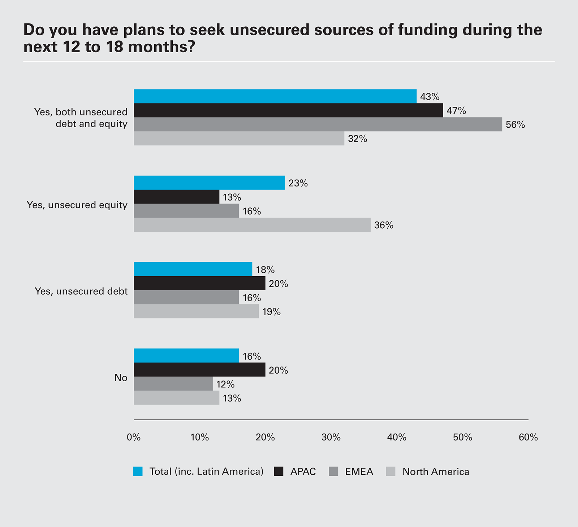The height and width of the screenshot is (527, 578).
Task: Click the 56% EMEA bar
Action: [x=318, y=124]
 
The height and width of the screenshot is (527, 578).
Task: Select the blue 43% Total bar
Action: [x=275, y=96]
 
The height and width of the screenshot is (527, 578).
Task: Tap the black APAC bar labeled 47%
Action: [x=288, y=110]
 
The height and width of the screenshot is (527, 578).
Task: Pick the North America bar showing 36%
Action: [x=252, y=225]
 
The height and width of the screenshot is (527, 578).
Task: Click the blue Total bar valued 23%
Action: [x=209, y=183]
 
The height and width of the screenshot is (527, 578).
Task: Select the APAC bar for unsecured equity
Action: [x=176, y=197]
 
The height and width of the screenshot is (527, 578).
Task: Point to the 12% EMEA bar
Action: [x=173, y=384]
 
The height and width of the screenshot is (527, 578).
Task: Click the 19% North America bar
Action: [x=196, y=311]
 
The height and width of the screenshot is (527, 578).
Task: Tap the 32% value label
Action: [x=358, y=139]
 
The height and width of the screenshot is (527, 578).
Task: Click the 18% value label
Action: [x=266, y=270]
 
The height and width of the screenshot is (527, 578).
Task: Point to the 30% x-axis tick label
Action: [x=331, y=438]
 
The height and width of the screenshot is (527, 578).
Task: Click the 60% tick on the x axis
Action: [x=528, y=438]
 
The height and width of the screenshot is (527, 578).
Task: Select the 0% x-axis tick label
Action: [x=134, y=438]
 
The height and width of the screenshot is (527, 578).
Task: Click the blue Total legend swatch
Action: [x=138, y=471]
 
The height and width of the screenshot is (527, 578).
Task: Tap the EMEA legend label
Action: [x=359, y=472]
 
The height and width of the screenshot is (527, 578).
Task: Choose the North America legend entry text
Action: [x=436, y=472]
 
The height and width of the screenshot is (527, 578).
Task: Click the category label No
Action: [x=121, y=378]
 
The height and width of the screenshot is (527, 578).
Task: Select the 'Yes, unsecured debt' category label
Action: [x=81, y=291]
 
